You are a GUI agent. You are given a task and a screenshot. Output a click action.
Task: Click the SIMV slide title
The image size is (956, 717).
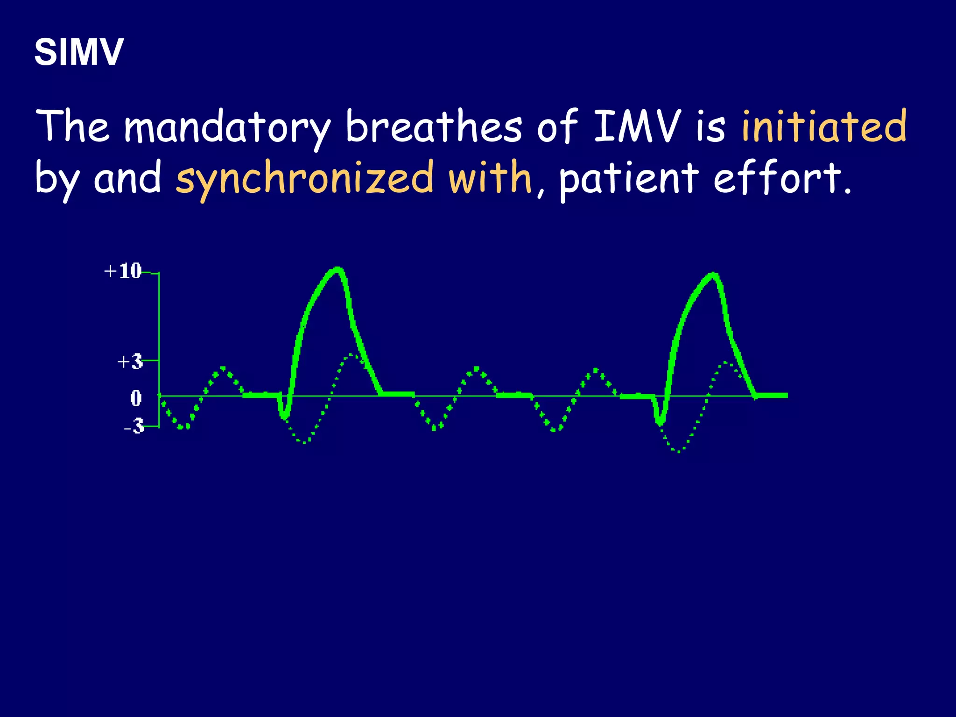click(x=78, y=52)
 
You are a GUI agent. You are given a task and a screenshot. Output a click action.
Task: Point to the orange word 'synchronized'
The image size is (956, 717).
click(x=304, y=178)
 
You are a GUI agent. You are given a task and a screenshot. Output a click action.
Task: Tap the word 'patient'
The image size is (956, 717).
click(x=628, y=178)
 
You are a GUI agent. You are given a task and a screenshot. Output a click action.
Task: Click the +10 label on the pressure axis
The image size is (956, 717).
click(x=123, y=271)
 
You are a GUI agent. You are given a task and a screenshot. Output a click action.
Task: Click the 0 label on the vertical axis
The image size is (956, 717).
click(x=136, y=398)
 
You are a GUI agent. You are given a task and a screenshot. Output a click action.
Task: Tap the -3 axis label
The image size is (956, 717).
click(x=134, y=426)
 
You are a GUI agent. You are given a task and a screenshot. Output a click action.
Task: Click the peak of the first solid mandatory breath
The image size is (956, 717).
click(x=337, y=269)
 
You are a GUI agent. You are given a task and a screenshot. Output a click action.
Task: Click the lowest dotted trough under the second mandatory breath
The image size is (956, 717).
click(x=678, y=451)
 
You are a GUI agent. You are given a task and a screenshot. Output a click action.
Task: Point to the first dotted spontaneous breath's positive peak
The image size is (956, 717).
click(x=223, y=369)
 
